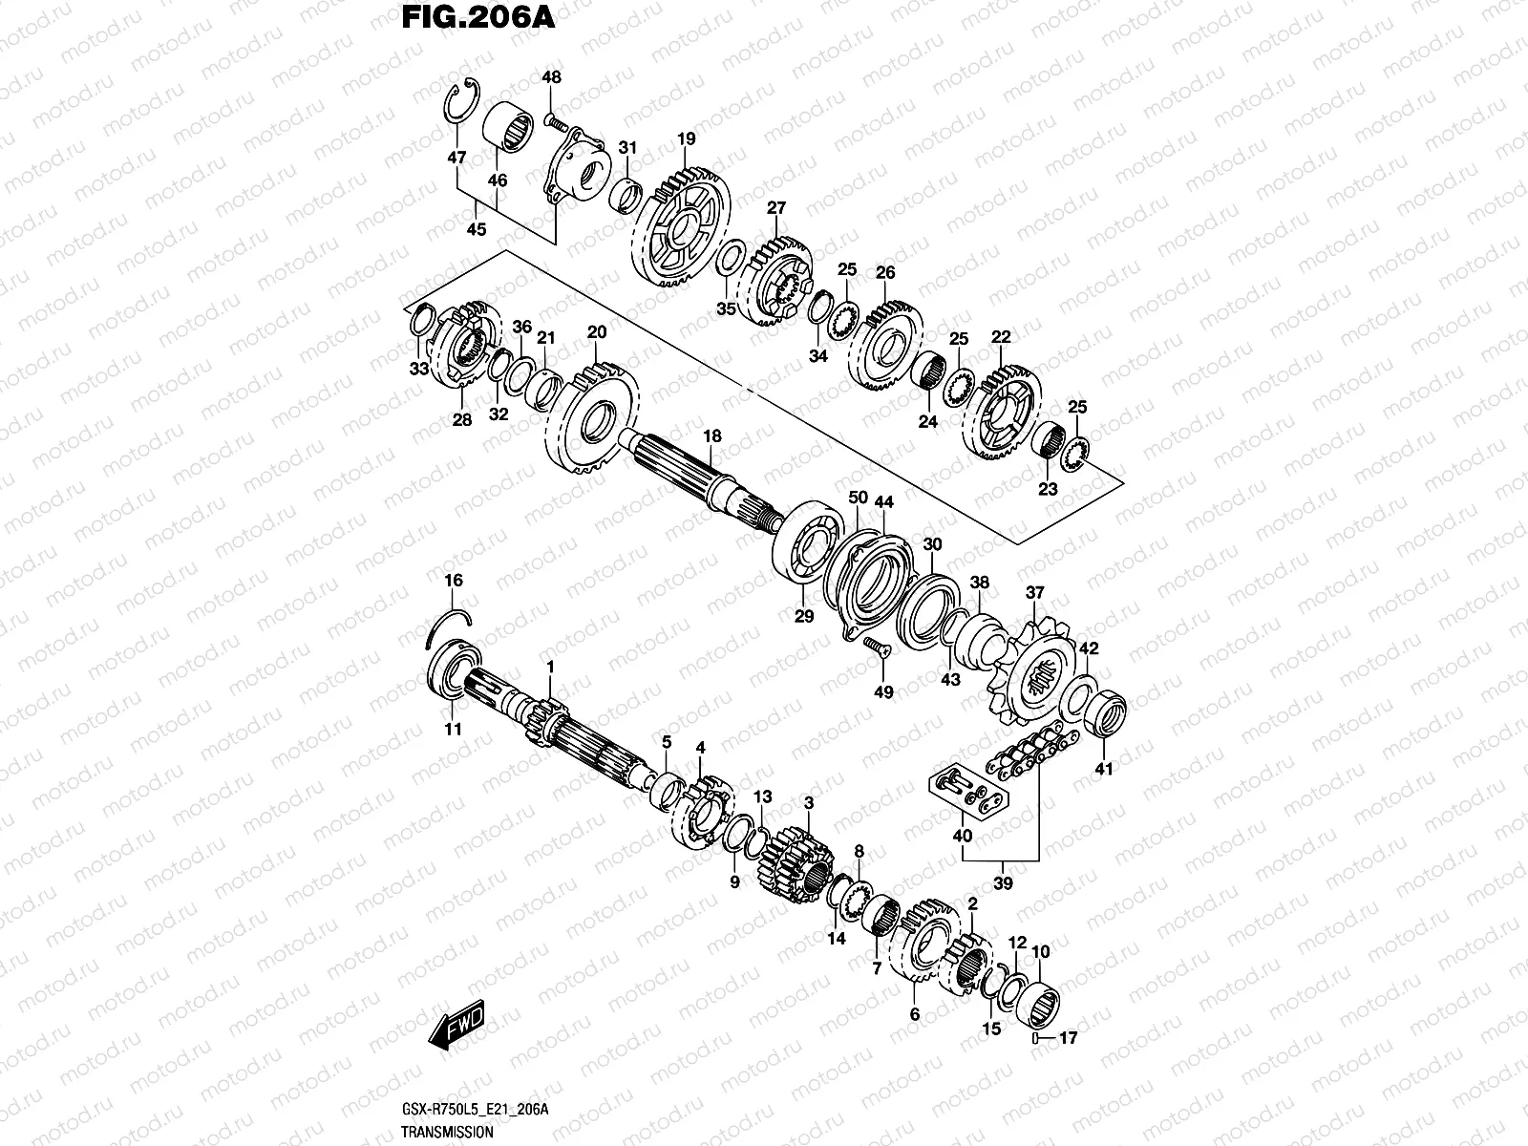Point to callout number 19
(686, 139)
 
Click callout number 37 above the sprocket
(1034, 593)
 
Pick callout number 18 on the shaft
(712, 436)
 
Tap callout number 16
(453, 581)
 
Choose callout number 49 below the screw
(884, 692)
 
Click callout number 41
(1104, 769)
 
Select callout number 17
(1068, 1038)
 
